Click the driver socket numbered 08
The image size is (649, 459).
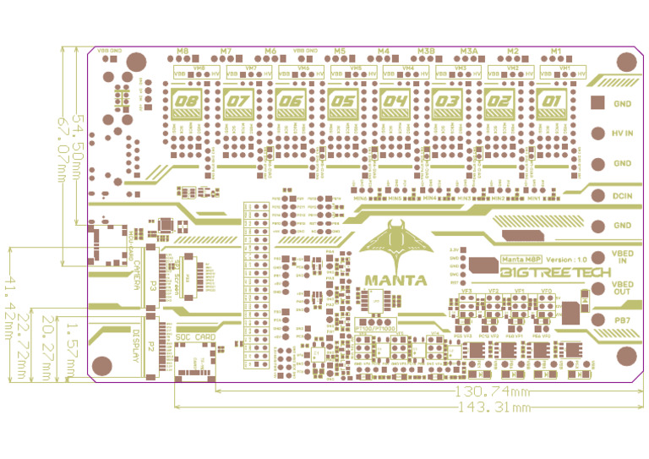click(185, 106)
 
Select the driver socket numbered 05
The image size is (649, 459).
click(342, 106)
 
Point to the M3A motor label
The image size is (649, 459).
click(469, 52)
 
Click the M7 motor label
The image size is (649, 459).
click(226, 52)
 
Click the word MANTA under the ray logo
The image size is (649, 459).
click(395, 280)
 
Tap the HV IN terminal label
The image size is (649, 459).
click(623, 134)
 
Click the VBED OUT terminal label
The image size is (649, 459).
click(623, 288)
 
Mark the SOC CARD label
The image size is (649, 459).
click(195, 336)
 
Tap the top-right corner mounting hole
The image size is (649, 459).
click(626, 62)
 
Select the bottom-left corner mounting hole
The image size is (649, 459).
click(102, 366)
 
